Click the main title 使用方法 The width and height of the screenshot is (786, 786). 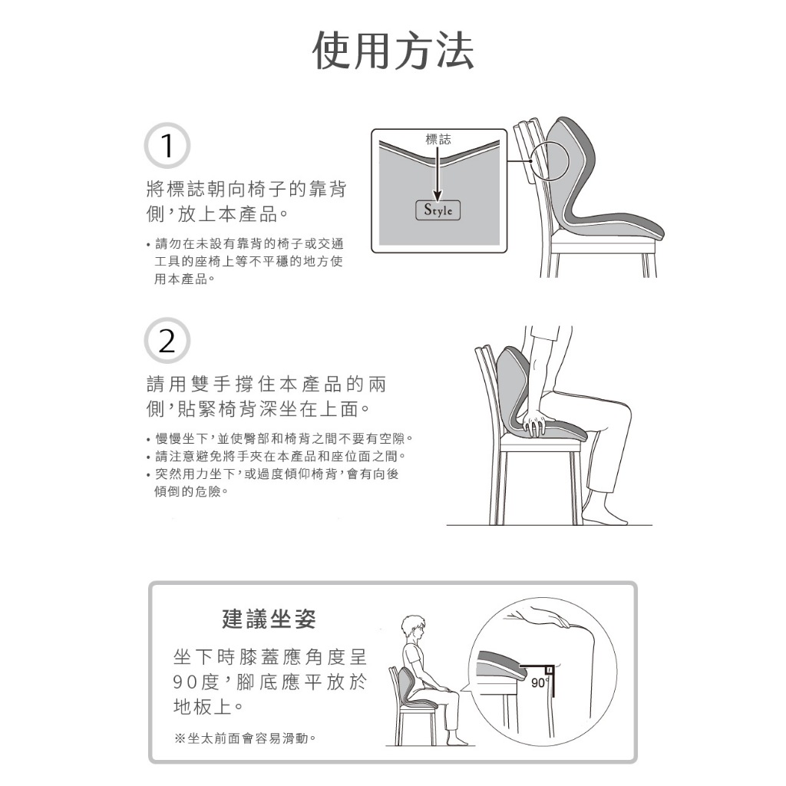point(393,51)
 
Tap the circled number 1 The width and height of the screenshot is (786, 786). point(167,145)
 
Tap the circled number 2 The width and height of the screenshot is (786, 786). point(167,340)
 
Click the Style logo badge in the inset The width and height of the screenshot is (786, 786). point(438,210)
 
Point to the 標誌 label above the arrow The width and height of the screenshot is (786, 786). point(438,139)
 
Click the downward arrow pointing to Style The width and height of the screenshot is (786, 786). point(438,173)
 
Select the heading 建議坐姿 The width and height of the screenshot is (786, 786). point(269,619)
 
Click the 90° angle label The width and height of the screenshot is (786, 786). point(539,682)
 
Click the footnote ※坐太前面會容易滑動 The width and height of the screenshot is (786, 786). point(245,738)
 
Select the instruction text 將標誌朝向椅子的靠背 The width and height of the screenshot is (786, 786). point(246,189)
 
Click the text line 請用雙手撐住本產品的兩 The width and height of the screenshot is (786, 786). point(266,384)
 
